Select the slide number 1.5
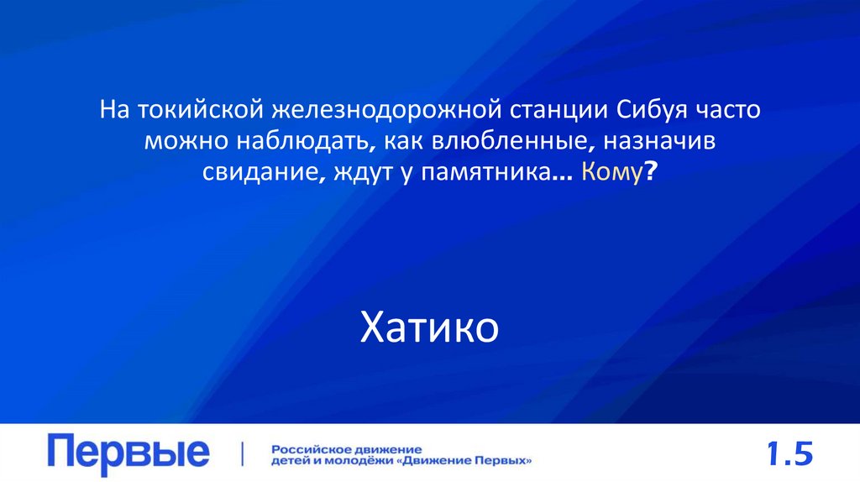pos(789,454)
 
